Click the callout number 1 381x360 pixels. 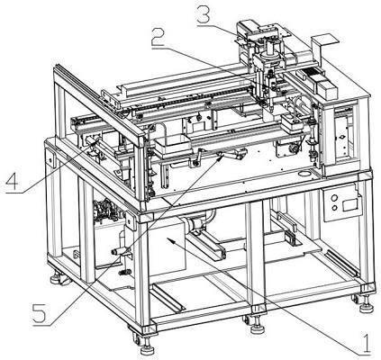367,344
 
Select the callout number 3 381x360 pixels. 204,13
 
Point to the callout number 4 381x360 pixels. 14,181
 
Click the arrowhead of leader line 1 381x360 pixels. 170,239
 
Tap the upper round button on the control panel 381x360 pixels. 334,198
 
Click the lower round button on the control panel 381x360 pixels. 334,208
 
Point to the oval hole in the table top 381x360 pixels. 305,174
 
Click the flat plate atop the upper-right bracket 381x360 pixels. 324,38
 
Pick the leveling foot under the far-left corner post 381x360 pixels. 56,278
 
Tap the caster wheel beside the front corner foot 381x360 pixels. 136,339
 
